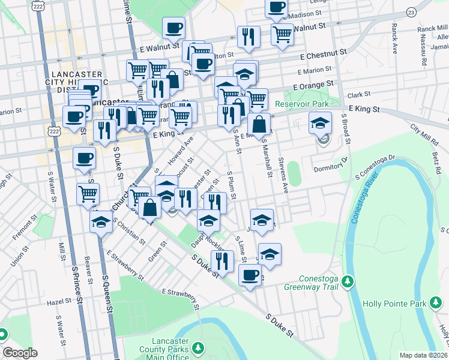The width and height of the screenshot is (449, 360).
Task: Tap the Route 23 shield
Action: click(x=411, y=12)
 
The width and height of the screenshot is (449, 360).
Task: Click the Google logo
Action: click(x=20, y=353)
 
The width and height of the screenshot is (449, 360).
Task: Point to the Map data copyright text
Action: click(x=422, y=355)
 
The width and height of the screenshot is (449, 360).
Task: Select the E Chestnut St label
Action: click(x=324, y=54)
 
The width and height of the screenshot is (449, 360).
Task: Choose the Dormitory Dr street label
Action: click(x=331, y=165)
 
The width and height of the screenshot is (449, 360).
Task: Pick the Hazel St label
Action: click(x=59, y=304)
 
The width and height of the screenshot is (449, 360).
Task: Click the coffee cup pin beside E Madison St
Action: click(x=277, y=8)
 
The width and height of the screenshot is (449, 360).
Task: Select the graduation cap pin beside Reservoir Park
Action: click(x=321, y=124)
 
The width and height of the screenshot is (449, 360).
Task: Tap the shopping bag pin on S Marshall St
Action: click(x=259, y=125)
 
